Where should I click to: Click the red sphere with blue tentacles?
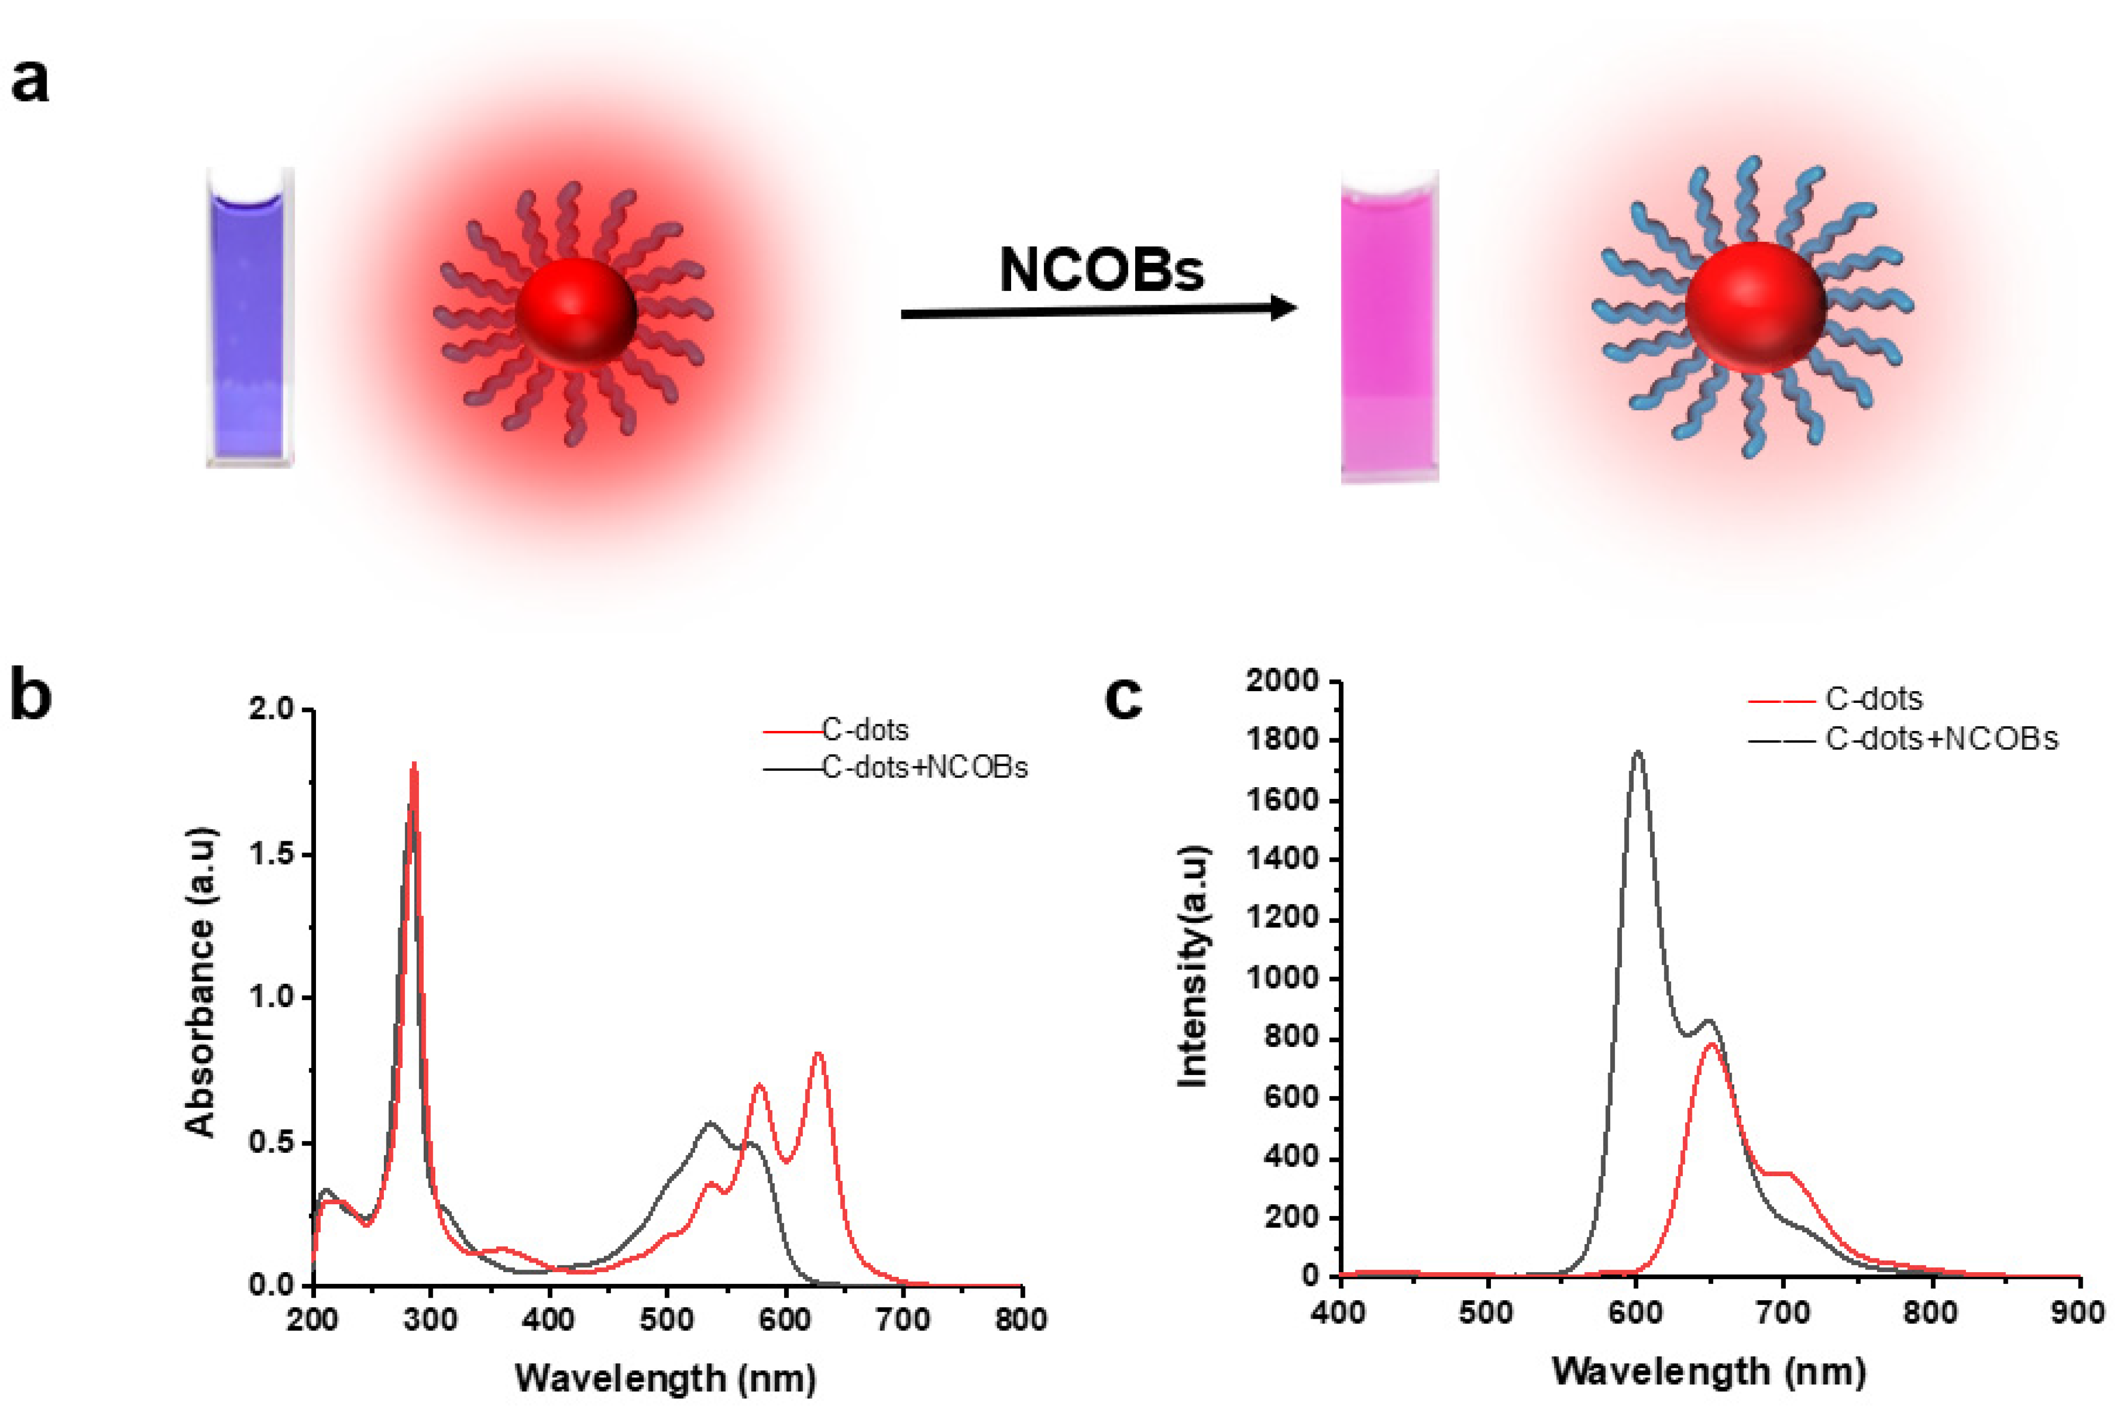(x=1755, y=306)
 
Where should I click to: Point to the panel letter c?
(x=1122, y=698)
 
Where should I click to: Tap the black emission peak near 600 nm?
(x=1638, y=752)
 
